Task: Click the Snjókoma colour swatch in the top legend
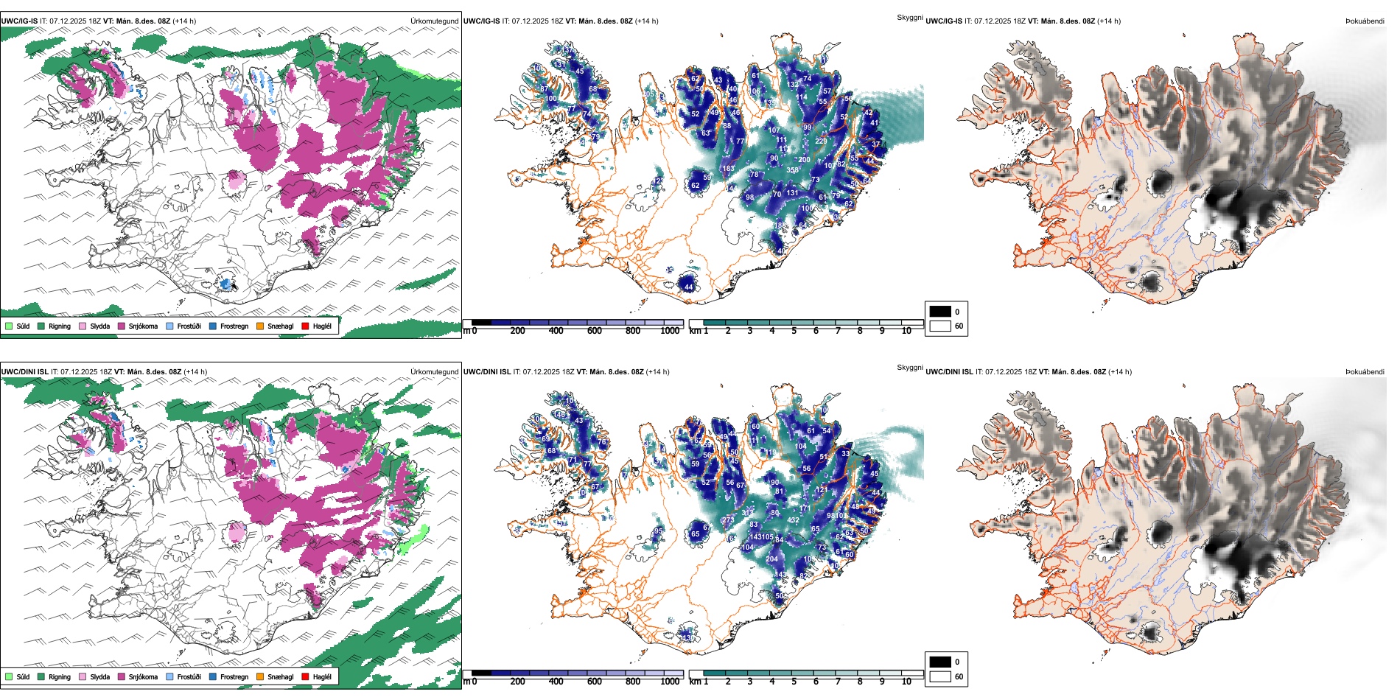[x=122, y=326]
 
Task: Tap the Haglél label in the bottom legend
[x=322, y=676]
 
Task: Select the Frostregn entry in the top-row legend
[x=234, y=326]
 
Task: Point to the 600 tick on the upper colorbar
[x=595, y=331]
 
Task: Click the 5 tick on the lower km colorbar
[x=794, y=682]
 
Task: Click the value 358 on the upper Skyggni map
[x=793, y=170]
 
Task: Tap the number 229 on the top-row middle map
[x=821, y=141]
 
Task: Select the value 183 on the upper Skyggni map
[x=729, y=169]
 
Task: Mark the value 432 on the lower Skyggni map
[x=794, y=520]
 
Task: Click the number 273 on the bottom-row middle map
[x=728, y=520]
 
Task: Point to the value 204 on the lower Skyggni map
[x=771, y=559]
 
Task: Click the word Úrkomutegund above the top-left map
[x=435, y=21]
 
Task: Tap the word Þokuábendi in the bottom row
[x=1365, y=372]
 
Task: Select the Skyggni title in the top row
[x=909, y=18]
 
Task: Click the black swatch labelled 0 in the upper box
[x=940, y=312]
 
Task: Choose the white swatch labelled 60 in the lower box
[x=940, y=676]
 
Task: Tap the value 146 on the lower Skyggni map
[x=561, y=415]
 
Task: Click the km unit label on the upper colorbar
[x=694, y=331]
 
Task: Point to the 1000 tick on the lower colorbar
[x=670, y=682]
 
